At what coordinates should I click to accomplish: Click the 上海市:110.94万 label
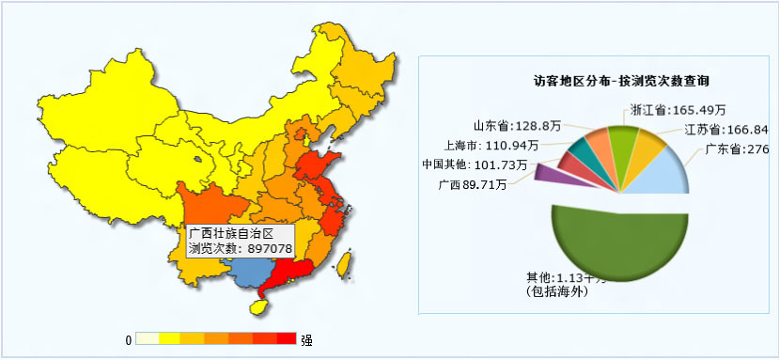tap(491, 145)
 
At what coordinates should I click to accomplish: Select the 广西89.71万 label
tap(472, 184)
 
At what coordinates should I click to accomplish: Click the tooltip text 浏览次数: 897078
tap(240, 248)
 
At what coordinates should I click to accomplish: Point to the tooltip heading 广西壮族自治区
tap(230, 232)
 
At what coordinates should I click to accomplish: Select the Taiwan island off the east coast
tap(345, 264)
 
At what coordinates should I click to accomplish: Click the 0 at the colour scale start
tap(128, 339)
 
